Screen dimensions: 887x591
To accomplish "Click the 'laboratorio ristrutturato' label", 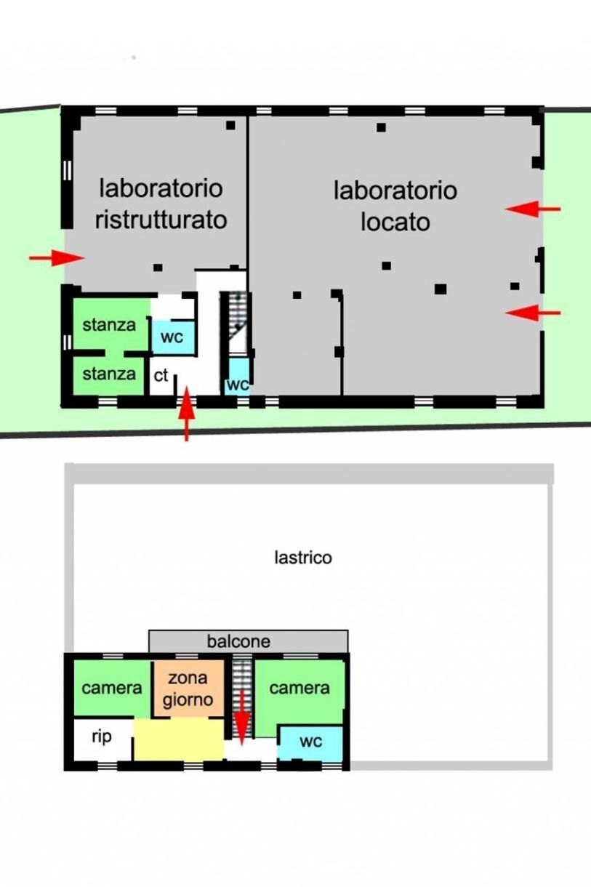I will pyautogui.click(x=161, y=204).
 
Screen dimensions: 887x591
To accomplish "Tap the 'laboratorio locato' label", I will pyautogui.click(x=395, y=206).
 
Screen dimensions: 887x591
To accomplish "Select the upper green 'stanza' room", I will pyautogui.click(x=109, y=325).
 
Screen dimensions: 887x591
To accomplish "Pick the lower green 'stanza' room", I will pyautogui.click(x=109, y=374).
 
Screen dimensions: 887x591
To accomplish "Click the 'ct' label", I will pyautogui.click(x=161, y=376).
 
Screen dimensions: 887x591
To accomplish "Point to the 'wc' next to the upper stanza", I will pyautogui.click(x=172, y=338).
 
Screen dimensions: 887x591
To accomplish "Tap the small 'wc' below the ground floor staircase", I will pyautogui.click(x=237, y=384).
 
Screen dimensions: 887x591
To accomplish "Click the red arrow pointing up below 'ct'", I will pyautogui.click(x=187, y=414).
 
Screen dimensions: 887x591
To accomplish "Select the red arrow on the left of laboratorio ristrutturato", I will pyautogui.click(x=57, y=257).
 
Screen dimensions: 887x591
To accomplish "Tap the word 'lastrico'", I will pyautogui.click(x=303, y=558).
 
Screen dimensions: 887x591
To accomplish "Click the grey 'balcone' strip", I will pyautogui.click(x=248, y=641).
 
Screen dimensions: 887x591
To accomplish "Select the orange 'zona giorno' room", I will pyautogui.click(x=188, y=689).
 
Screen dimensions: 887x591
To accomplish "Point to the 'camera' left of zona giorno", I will pyautogui.click(x=111, y=688).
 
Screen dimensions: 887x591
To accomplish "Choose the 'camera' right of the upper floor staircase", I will pyautogui.click(x=299, y=688).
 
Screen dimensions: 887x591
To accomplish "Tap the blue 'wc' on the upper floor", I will pyautogui.click(x=310, y=742).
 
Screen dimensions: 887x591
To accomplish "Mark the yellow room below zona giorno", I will pyautogui.click(x=178, y=739).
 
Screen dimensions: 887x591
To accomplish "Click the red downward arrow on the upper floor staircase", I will pyautogui.click(x=241, y=714).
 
